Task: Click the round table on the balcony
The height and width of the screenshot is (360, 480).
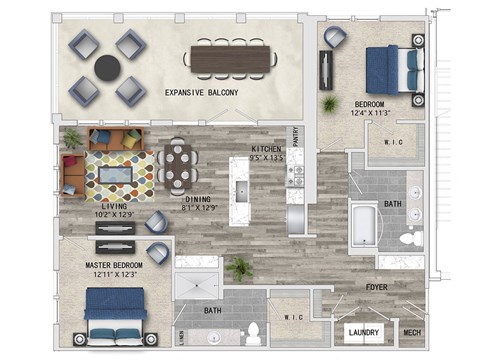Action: point(107,67)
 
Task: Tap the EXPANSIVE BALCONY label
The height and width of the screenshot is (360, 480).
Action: point(202,93)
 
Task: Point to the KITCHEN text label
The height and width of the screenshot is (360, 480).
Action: point(265,150)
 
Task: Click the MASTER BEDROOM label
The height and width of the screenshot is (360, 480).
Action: point(114,265)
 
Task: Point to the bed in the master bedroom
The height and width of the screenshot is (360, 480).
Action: point(115,313)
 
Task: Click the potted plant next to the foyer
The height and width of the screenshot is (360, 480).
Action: point(239,267)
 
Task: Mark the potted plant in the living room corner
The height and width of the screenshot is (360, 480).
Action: point(72,138)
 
